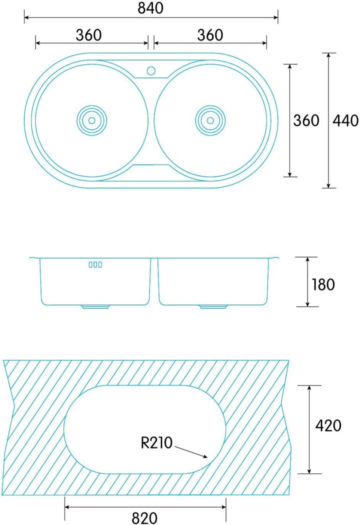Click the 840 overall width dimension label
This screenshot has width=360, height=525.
click(x=150, y=8)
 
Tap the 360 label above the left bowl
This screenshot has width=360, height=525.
click(x=88, y=35)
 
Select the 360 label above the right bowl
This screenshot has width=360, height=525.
click(x=210, y=35)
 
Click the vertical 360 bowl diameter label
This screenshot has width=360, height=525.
click(x=306, y=120)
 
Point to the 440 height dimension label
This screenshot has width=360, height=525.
click(x=345, y=120)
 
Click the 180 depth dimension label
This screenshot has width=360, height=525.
click(x=323, y=284)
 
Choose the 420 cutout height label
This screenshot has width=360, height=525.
click(x=328, y=425)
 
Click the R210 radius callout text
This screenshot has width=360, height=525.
click(x=156, y=442)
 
